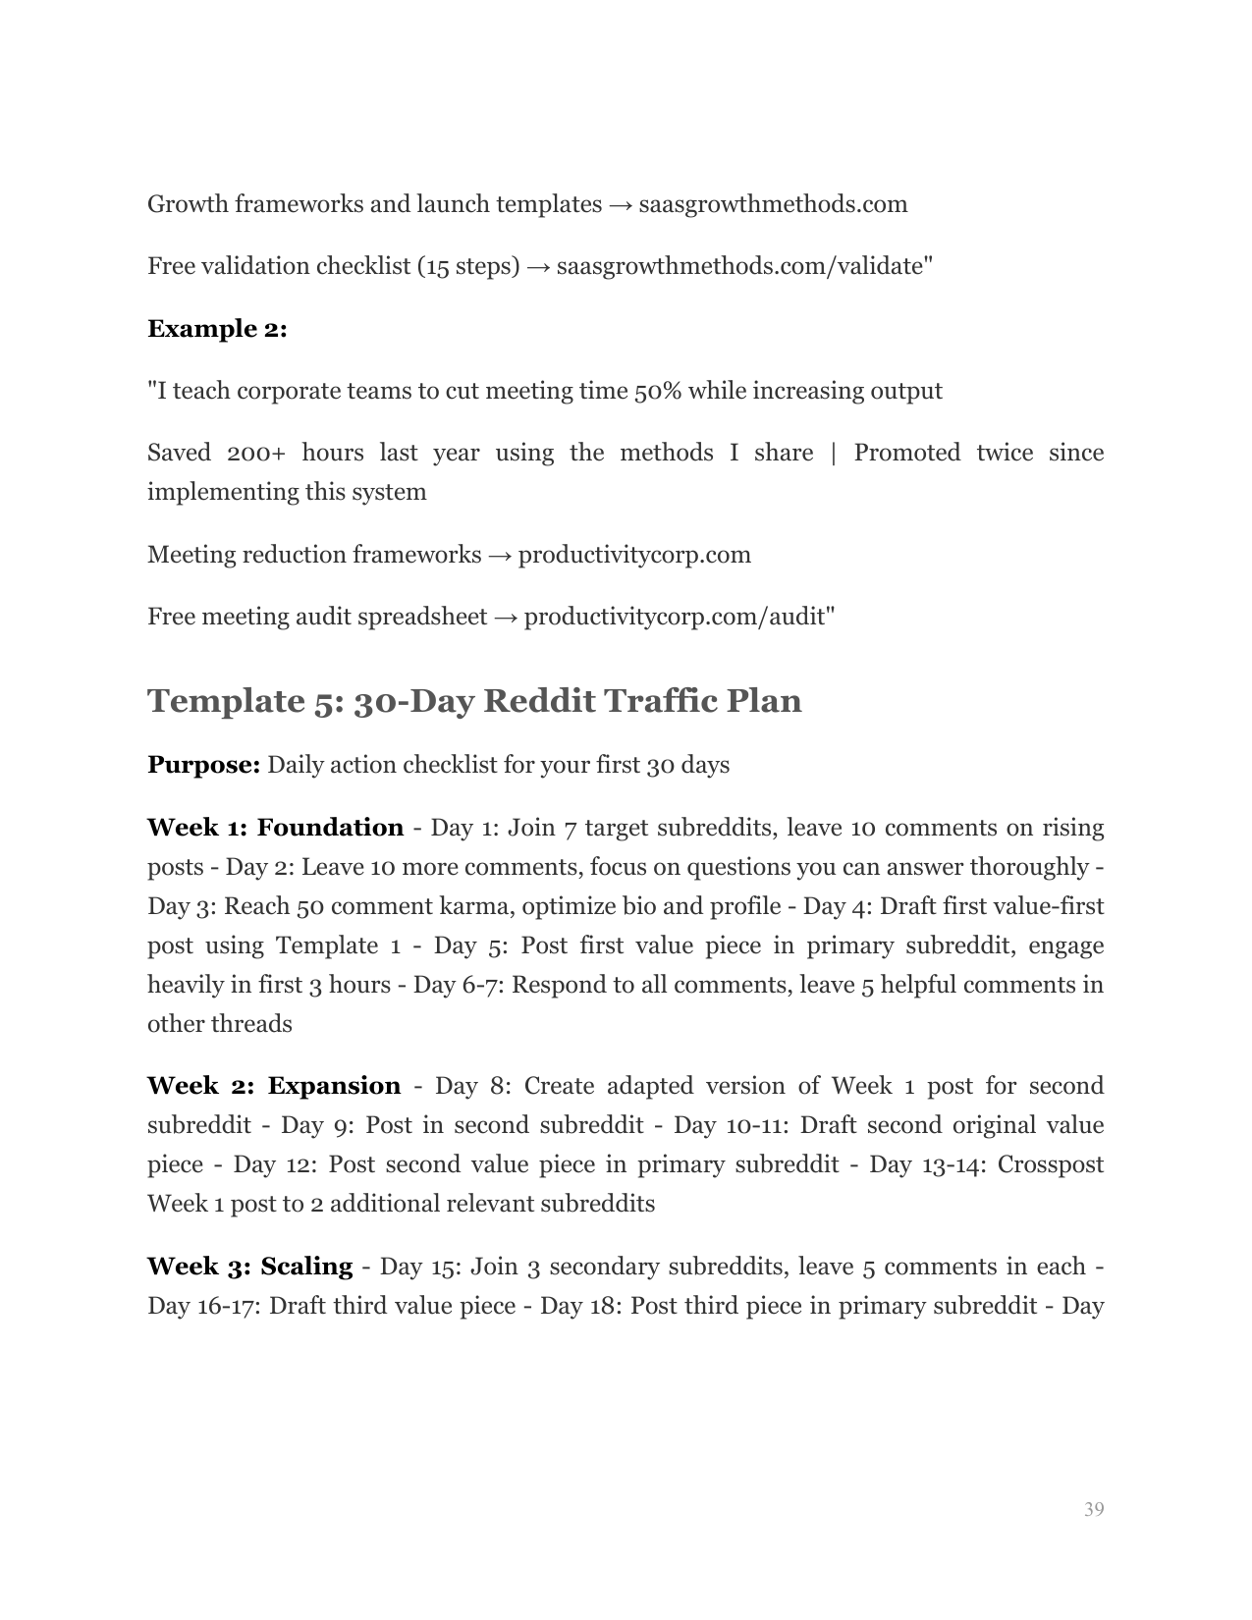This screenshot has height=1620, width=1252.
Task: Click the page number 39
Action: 1094,1509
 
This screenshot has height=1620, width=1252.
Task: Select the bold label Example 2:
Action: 217,329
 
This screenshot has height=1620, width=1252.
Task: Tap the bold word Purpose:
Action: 203,765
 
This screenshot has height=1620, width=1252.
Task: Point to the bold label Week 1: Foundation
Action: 275,828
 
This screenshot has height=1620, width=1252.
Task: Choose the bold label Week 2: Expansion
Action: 274,1086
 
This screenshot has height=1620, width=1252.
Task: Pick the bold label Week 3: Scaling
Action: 249,1267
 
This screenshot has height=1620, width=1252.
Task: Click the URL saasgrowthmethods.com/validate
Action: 739,266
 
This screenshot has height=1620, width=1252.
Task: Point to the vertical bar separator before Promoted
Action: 834,453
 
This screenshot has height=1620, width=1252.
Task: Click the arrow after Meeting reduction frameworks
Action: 500,555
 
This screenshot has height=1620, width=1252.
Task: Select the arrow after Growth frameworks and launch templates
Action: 620,204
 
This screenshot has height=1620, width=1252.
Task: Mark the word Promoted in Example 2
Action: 906,453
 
